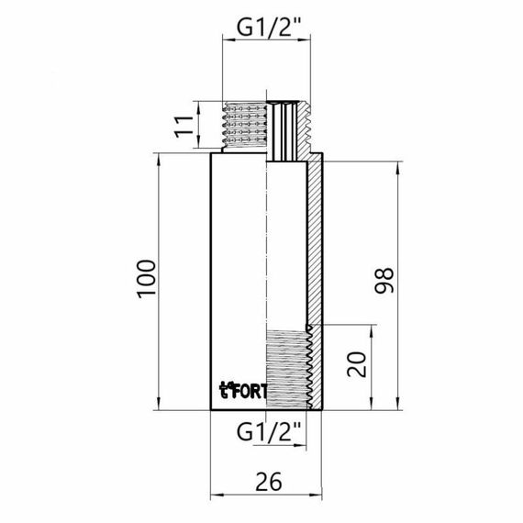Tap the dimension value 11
tap(185, 125)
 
